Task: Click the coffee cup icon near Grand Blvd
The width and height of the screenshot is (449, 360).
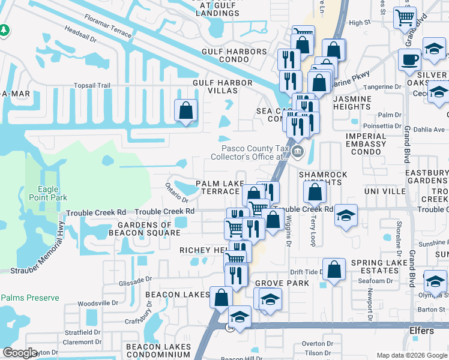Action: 409,59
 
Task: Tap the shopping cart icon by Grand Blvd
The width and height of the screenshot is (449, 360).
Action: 405,17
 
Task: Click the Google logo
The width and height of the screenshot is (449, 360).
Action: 20,352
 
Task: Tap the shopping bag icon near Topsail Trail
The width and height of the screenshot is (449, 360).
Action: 185,110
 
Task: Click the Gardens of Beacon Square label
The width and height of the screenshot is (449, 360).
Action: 140,229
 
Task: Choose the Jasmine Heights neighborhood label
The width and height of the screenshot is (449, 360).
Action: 352,103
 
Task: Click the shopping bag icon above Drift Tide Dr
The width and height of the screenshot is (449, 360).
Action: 334,269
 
